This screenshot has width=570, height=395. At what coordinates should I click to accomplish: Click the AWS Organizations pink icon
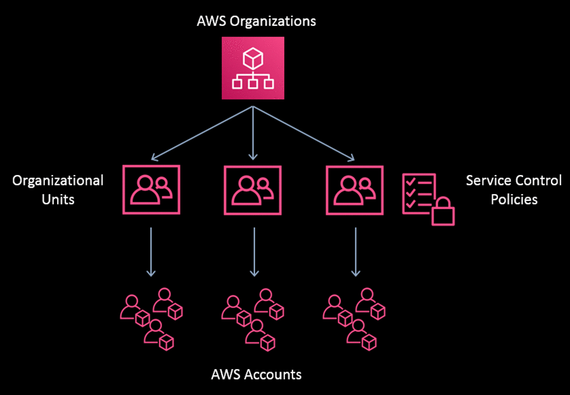point(253,68)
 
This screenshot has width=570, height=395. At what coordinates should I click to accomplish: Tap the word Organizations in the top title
point(276,22)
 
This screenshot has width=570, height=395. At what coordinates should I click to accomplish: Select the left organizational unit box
point(151,189)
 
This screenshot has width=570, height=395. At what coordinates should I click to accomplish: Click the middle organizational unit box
point(253,189)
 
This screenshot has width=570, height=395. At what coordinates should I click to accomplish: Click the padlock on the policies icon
point(443,212)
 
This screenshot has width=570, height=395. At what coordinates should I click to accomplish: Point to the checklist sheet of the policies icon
point(418,191)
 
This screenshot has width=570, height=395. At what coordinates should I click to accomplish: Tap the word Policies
point(514,199)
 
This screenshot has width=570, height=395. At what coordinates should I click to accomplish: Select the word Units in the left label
point(58,199)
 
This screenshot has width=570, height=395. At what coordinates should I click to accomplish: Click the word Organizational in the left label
point(58,181)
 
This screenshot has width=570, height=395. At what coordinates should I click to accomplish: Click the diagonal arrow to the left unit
point(203,133)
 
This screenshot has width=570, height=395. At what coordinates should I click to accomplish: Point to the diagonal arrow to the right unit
point(304,133)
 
